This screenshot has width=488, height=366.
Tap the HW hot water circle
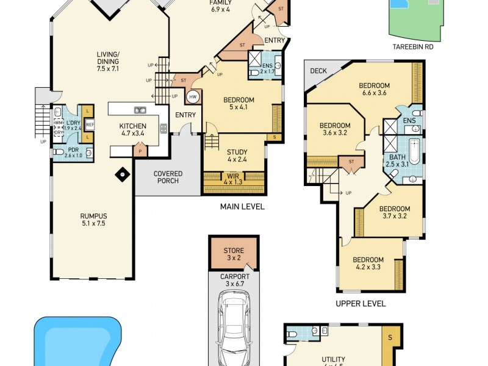[x=193, y=96]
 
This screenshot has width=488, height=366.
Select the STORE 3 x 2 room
[x=234, y=254]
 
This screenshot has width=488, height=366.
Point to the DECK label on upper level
[x=318, y=71]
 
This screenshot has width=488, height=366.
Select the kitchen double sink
[x=140, y=110]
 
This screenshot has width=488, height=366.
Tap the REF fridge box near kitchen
[x=90, y=124]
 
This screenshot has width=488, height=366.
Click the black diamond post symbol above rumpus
[x=123, y=174]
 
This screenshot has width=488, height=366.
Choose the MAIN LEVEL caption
[x=242, y=207]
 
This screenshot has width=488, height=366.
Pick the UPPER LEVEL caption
[x=361, y=303]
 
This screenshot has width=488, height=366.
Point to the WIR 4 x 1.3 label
[x=232, y=178]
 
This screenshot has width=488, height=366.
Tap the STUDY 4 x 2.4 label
[x=237, y=156]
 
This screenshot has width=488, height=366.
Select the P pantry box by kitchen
[x=140, y=151]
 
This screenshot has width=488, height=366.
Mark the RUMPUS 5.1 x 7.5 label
[x=93, y=219]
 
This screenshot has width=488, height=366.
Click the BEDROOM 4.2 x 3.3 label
[x=368, y=263]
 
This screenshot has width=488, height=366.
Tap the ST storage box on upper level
[x=352, y=162]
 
